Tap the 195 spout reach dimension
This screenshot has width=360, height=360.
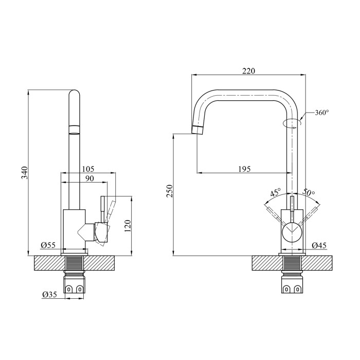[244, 169]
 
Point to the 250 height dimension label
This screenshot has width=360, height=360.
[169, 192]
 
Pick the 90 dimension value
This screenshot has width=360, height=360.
[88, 178]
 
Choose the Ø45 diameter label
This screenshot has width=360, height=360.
[319, 245]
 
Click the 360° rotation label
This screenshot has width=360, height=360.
[320, 113]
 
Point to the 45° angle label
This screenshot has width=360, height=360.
[275, 192]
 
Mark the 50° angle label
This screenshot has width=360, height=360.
[309, 192]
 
